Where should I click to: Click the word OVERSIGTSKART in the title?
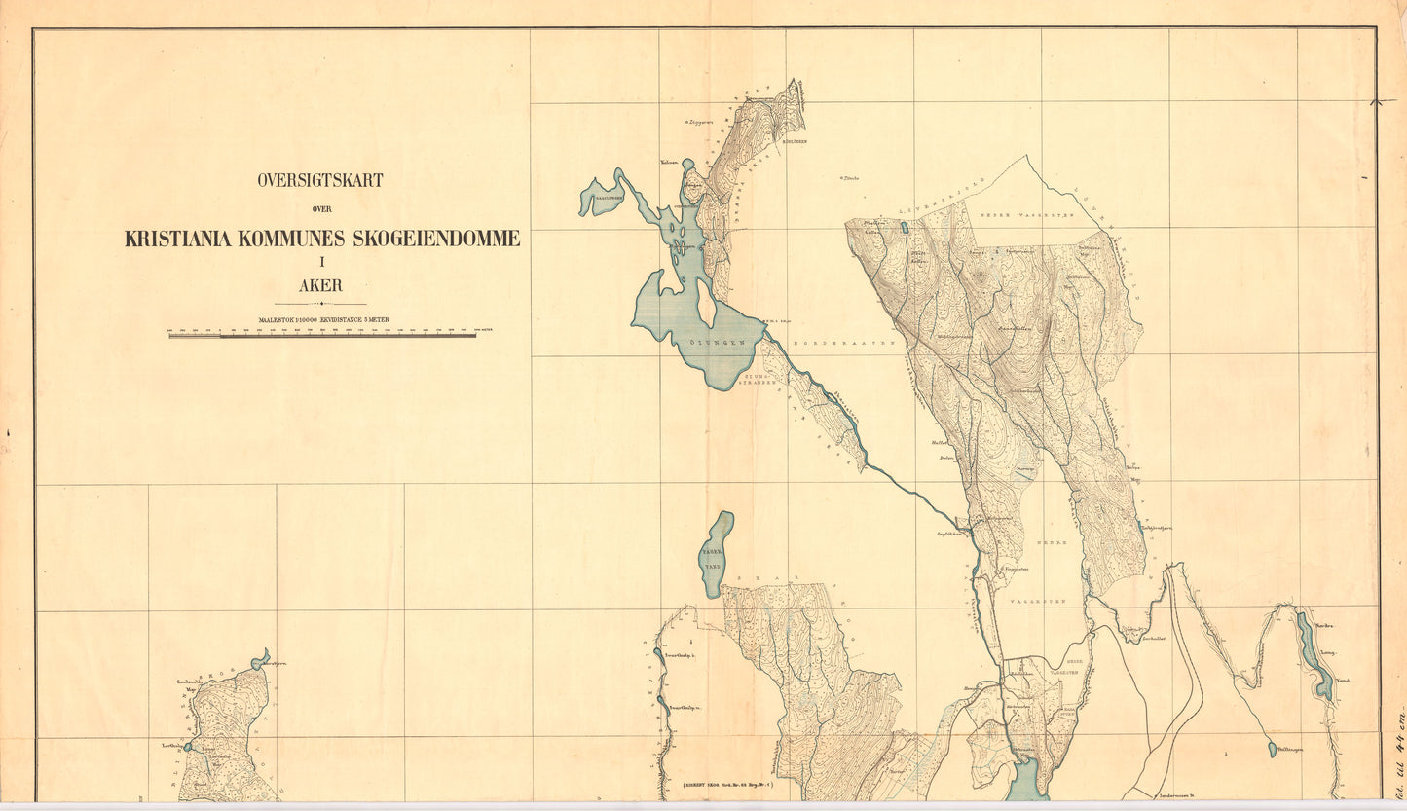click(x=320, y=180)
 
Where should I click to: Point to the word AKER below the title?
click(x=320, y=286)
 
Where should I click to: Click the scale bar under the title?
click(x=322, y=335)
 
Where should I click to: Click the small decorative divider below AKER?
click(x=320, y=304)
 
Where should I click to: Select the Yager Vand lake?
click(x=717, y=554)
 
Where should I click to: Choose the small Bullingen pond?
click(x=1272, y=749)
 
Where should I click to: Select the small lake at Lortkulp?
click(x=189, y=747)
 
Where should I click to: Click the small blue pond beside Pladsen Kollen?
click(x=904, y=228)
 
